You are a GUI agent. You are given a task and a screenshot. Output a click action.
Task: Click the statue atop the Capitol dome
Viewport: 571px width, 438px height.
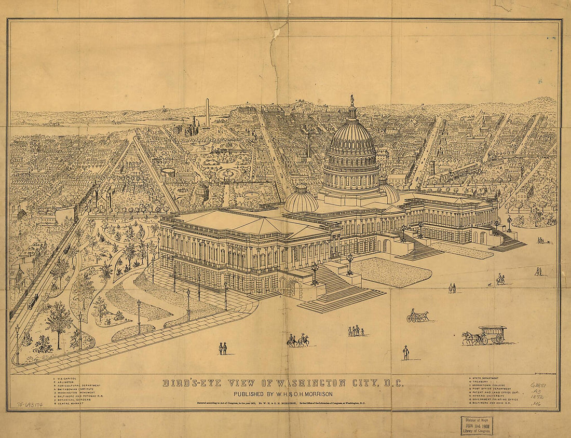[x=351, y=99]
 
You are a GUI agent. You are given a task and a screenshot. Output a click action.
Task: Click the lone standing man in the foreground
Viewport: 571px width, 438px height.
[x=406, y=353]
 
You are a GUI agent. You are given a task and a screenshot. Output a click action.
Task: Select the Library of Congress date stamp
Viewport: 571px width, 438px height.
[x=476, y=425]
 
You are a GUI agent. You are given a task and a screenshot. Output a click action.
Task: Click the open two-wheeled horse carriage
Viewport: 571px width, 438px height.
[x=418, y=316]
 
